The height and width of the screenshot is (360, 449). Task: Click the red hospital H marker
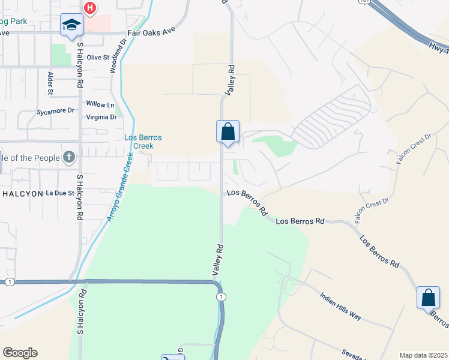pos(89,8)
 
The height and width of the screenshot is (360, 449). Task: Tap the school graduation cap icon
pos(71,25)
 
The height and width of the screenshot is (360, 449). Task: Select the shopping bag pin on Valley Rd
pos(228,131)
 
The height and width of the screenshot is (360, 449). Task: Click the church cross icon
pos(69,158)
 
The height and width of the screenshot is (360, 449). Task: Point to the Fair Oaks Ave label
pos(151,34)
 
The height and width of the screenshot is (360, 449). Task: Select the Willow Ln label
pos(100,104)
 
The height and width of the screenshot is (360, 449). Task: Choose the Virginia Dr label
pos(101,117)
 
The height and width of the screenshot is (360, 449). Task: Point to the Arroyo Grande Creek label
pos(121,187)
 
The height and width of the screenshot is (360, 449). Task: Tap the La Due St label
pos(59,193)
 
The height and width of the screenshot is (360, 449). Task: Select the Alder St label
pos(50,83)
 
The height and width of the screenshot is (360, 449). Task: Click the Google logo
pos(20,353)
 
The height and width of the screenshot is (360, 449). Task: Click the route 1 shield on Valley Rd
pos(222,297)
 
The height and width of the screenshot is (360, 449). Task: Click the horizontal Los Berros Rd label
pos(300,221)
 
